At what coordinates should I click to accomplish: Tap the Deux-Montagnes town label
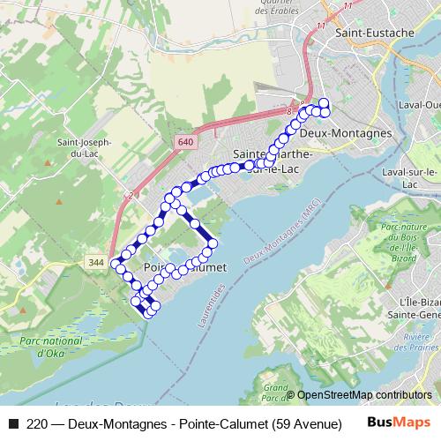coord(345,133)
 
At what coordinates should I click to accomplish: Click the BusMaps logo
coord(399,422)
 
